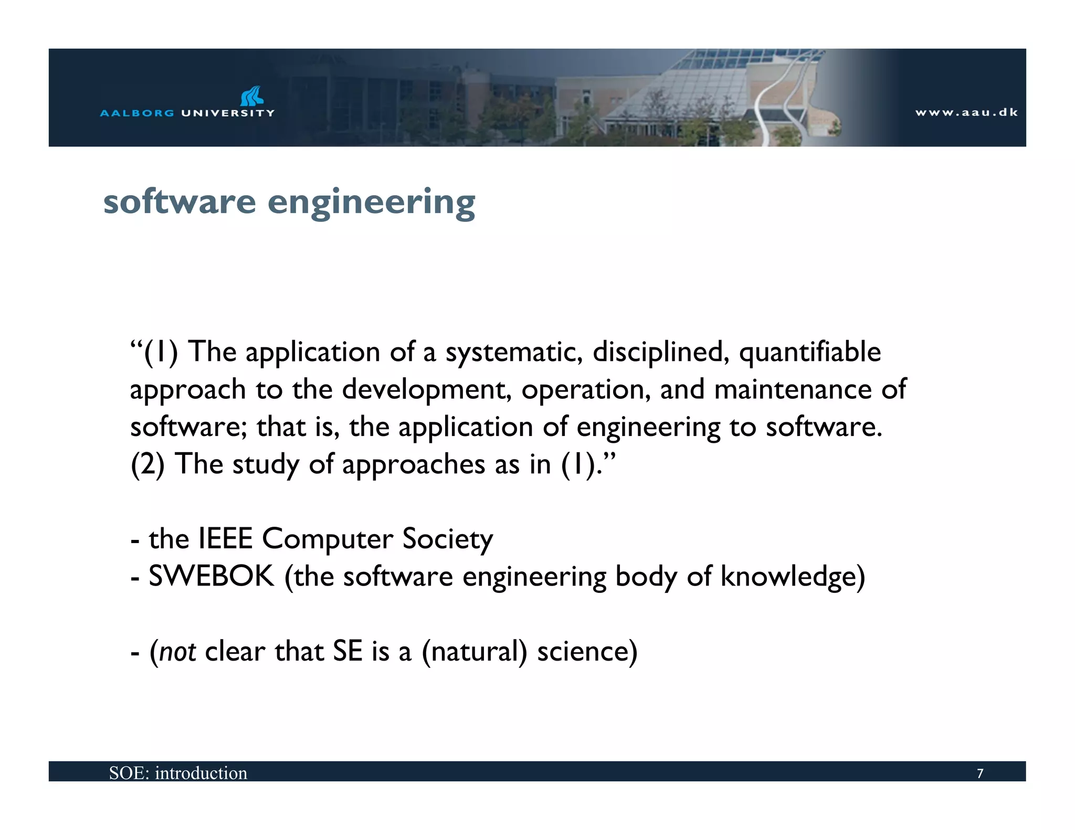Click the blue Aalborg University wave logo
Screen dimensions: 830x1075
252,96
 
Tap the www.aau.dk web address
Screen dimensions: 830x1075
966,112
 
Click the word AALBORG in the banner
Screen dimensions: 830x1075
137,113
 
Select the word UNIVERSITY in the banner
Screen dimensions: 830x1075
228,113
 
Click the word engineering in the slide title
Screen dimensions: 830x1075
371,203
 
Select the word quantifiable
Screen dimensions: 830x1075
810,353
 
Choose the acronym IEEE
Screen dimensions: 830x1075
226,539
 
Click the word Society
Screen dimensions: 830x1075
447,540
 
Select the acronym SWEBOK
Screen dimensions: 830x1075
212,577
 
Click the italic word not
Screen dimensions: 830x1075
177,652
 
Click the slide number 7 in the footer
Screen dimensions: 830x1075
979,773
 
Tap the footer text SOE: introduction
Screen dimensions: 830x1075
178,773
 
